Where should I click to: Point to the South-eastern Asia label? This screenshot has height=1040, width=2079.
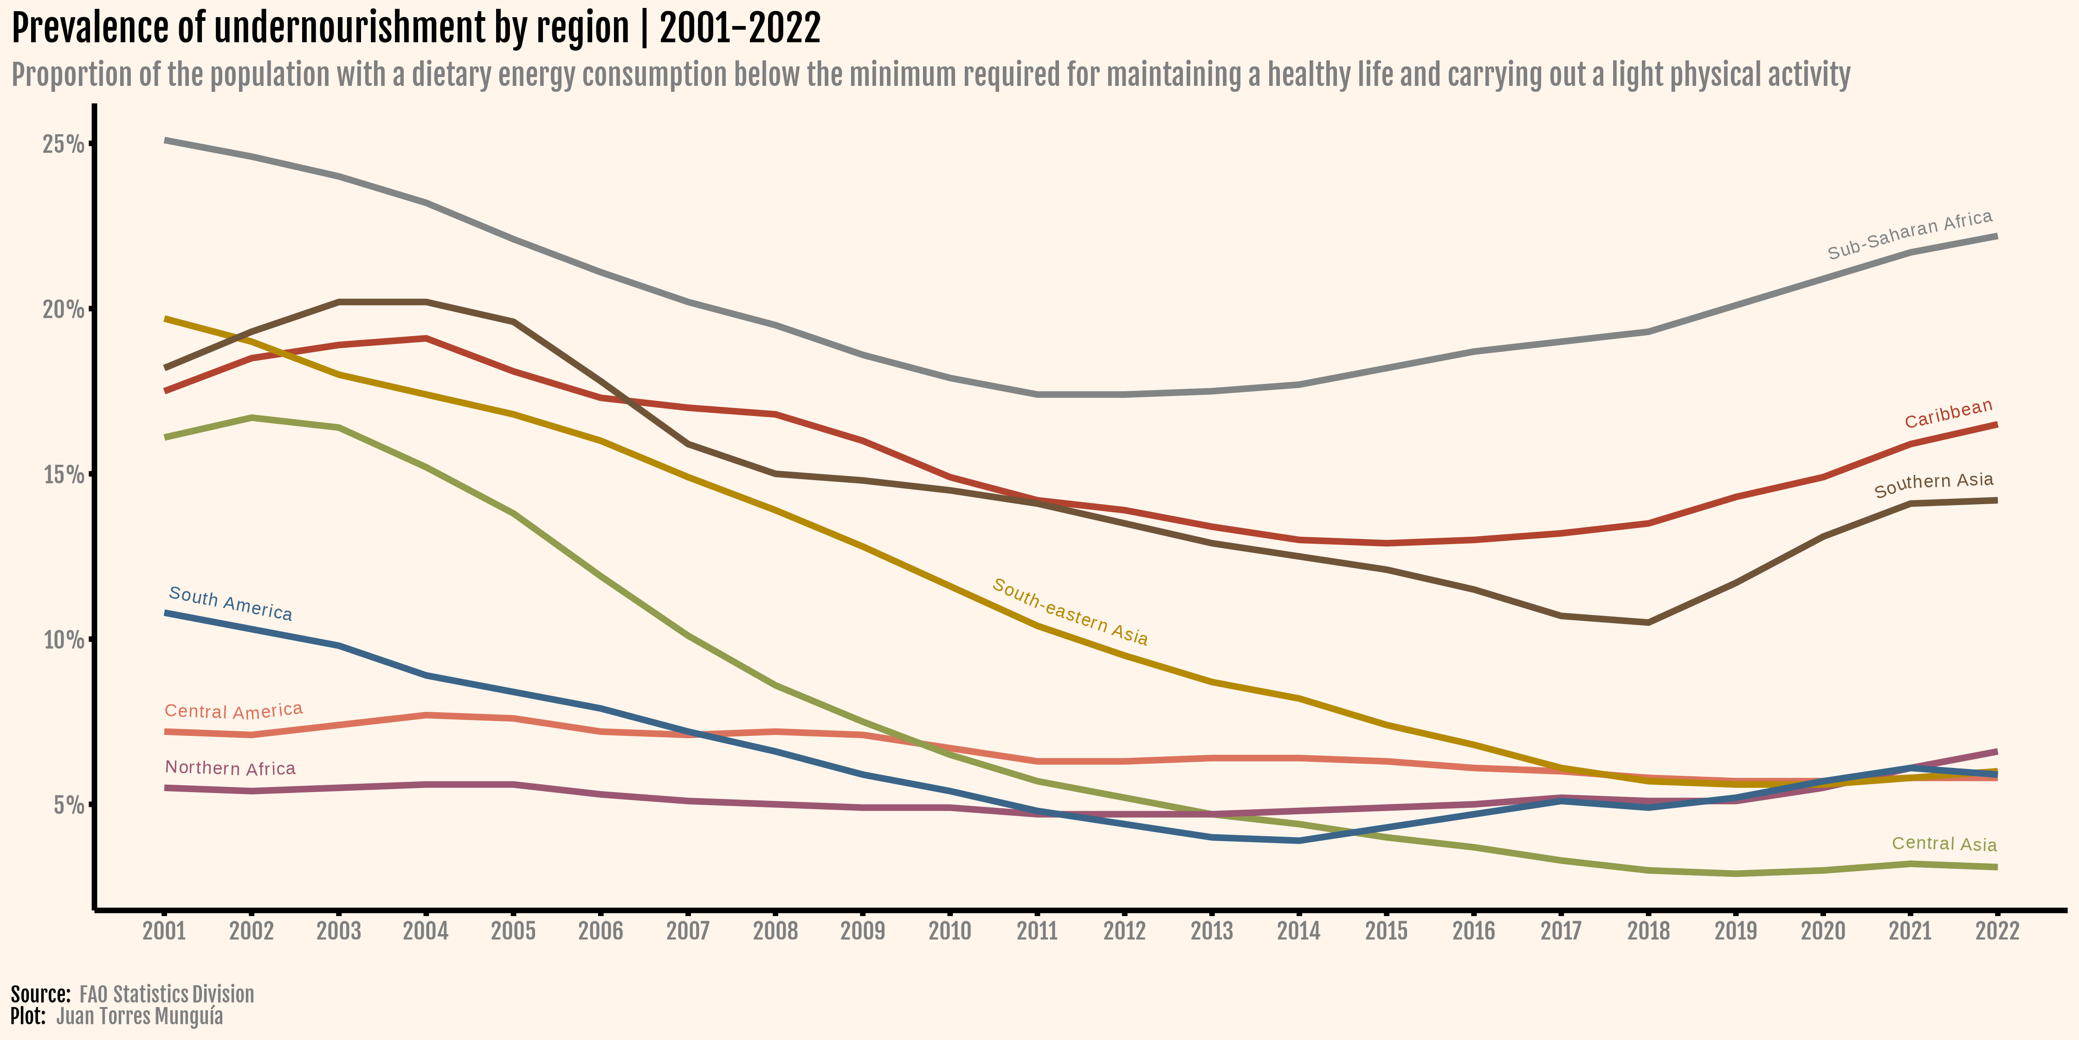(1069, 612)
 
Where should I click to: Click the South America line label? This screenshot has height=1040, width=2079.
(230, 604)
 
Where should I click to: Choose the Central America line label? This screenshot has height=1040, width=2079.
(233, 710)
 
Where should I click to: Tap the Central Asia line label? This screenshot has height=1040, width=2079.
(1943, 844)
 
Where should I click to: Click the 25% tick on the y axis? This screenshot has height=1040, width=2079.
(63, 144)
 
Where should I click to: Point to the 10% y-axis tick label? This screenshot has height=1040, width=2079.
(63, 639)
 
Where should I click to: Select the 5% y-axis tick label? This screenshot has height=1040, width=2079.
(69, 805)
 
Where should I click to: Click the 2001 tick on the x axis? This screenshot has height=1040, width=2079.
(164, 931)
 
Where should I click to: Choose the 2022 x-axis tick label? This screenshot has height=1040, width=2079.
(1997, 931)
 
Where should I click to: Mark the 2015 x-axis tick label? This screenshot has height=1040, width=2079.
(1386, 931)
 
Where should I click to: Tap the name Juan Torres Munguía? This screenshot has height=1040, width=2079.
(140, 1016)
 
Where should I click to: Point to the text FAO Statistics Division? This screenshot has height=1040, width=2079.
(166, 994)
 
